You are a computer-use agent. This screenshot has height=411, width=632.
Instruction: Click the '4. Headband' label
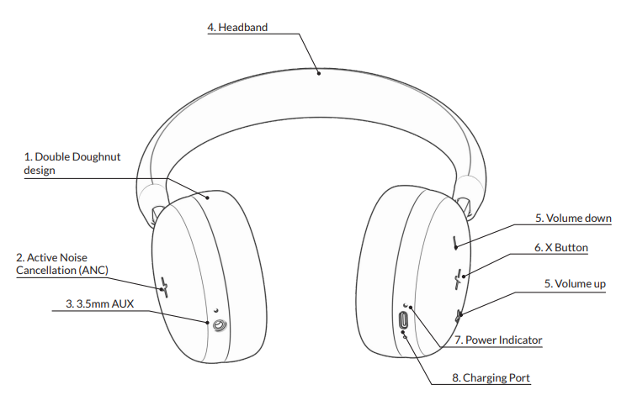pos(237,27)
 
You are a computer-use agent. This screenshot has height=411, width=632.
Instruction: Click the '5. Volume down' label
pos(573,219)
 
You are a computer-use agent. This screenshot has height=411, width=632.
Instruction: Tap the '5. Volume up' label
pos(575,284)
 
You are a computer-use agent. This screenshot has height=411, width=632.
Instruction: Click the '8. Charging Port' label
pos(491,378)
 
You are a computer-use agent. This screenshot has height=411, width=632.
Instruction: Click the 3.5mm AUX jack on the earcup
pos(220,324)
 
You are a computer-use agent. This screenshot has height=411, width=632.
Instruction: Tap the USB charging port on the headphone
pos(403,320)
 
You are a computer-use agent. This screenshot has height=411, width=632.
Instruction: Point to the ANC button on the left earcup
pos(165,287)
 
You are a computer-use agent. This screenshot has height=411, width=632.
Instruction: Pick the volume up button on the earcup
pos(459,315)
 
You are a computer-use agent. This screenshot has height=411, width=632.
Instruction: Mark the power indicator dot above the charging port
pos(405,305)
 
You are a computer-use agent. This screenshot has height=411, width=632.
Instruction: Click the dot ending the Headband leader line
pos(319,73)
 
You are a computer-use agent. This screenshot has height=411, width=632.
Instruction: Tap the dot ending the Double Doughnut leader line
pos(210,198)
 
